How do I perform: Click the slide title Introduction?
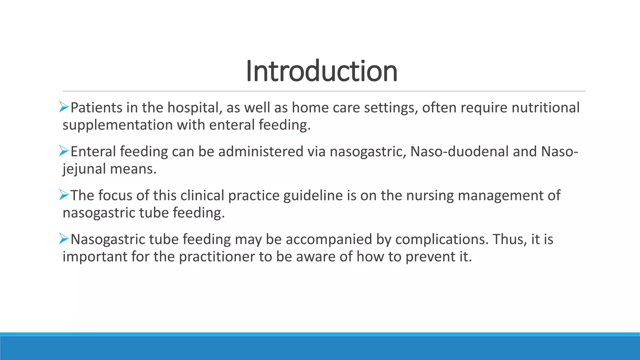(322, 71)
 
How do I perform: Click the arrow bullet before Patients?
(64, 107)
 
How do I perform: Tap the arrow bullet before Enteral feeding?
(64, 151)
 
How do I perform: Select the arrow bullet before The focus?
(64, 195)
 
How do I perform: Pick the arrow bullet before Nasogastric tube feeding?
(64, 239)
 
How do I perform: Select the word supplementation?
(117, 125)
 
